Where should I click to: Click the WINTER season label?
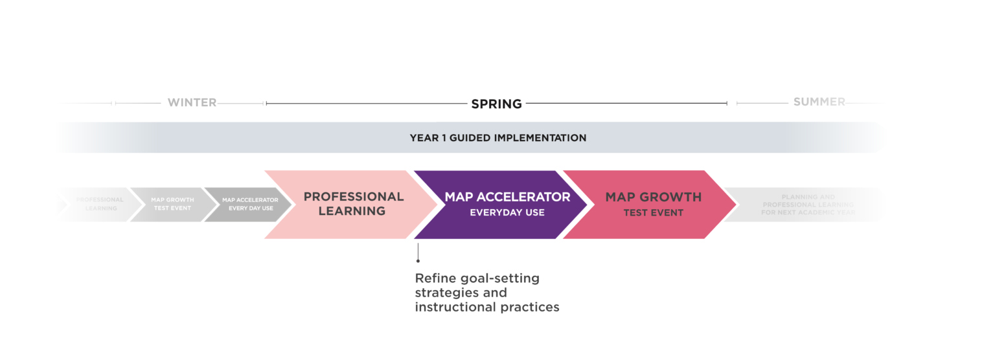click(192, 102)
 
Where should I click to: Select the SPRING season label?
click(496, 104)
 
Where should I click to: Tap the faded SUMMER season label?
click(819, 102)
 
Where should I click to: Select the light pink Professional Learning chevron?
click(343, 204)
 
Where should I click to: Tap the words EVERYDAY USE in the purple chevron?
click(507, 212)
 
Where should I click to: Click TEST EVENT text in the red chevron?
click(653, 212)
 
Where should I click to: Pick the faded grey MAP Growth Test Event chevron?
click(172, 204)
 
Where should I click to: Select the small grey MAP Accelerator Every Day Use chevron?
click(249, 204)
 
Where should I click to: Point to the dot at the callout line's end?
click(418, 260)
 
